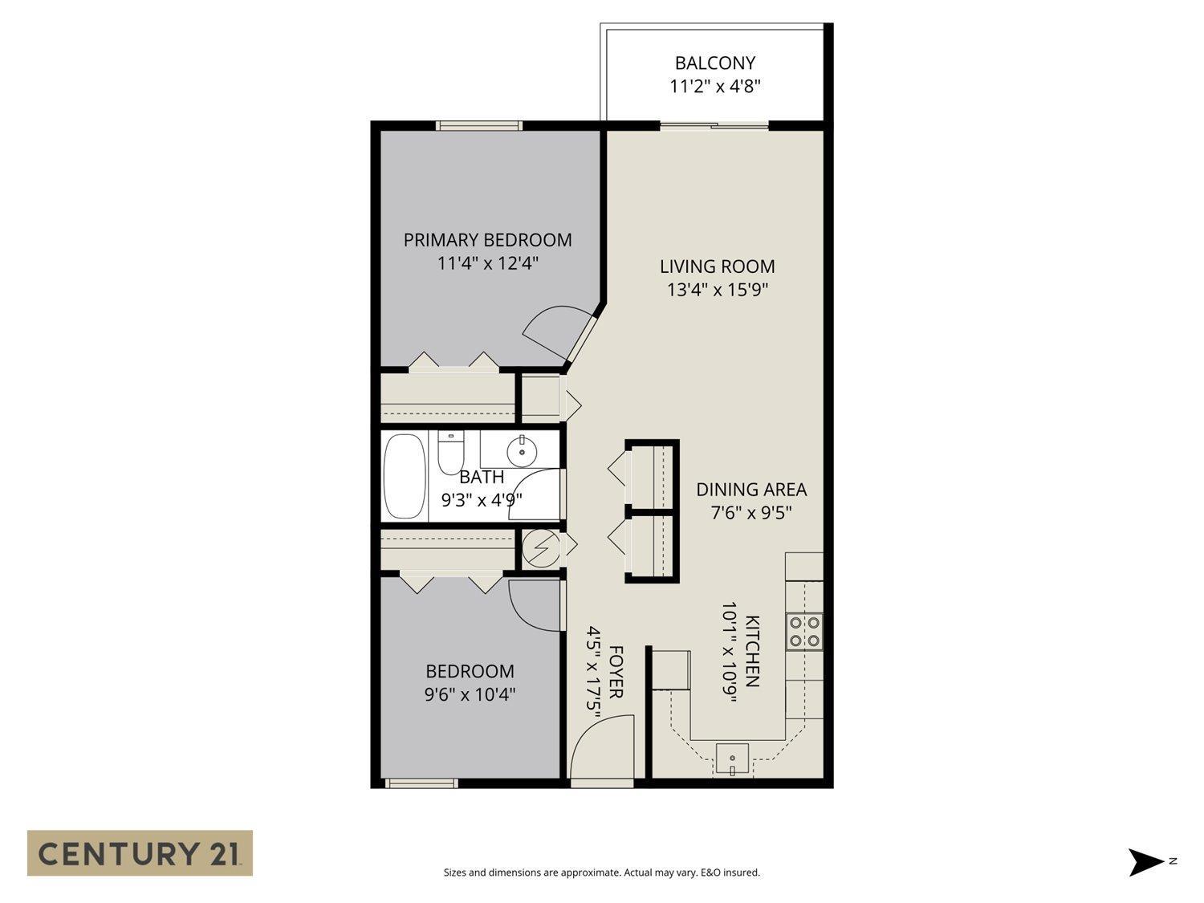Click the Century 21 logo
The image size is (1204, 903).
click(x=140, y=852)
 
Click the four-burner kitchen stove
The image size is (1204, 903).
click(x=803, y=630)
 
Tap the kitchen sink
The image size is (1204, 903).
click(x=732, y=759)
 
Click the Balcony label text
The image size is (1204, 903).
click(x=714, y=63)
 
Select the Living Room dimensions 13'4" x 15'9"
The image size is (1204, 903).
click(x=718, y=290)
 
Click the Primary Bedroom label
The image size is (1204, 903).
click(x=487, y=239)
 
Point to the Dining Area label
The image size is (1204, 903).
click(x=750, y=489)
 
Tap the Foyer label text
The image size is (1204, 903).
click(x=616, y=672)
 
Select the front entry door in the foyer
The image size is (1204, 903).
click(x=602, y=746)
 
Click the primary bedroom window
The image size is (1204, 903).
click(x=479, y=125)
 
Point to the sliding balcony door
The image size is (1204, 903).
click(x=714, y=125)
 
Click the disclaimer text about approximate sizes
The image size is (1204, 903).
click(x=601, y=872)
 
